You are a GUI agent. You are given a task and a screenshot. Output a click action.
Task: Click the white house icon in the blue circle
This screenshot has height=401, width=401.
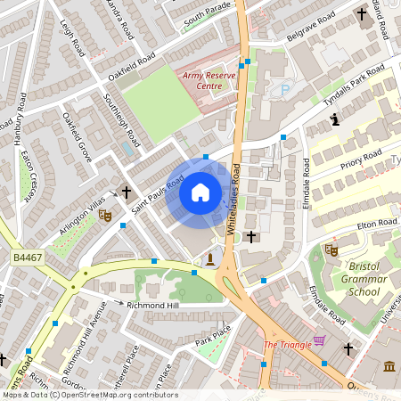200,192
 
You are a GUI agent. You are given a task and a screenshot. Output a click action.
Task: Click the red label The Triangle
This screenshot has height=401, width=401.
287,344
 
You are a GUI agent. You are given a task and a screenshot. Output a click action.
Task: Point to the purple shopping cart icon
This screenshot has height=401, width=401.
320,342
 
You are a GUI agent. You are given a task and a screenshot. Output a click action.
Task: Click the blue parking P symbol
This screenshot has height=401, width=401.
285,89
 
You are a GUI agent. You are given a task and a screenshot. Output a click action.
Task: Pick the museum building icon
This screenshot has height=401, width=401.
390,366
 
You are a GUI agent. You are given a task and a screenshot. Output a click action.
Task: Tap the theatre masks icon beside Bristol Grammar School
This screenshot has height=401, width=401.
331,250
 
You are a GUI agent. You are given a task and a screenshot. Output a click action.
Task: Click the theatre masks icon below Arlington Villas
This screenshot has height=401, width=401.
105,215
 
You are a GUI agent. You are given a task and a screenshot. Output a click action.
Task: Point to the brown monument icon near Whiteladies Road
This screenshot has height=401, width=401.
209,258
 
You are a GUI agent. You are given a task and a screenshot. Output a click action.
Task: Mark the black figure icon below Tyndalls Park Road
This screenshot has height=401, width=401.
335,119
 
